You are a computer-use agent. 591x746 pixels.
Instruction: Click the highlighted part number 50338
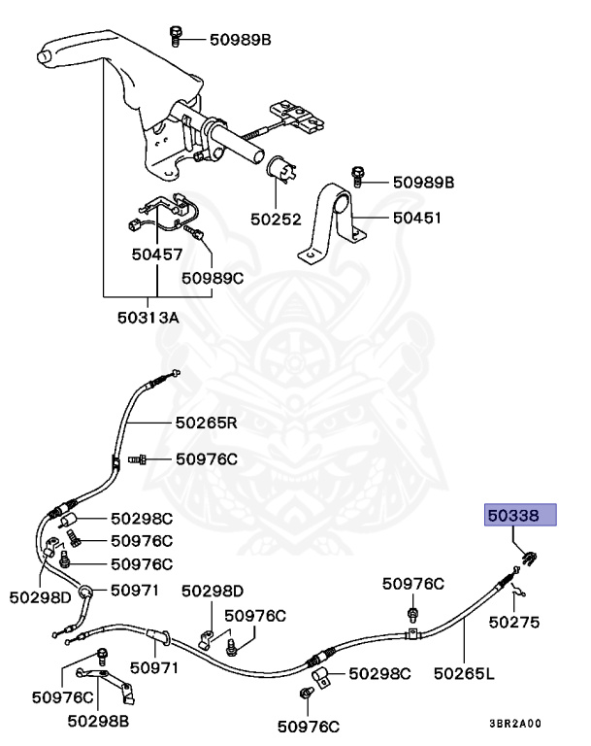pos(519,515)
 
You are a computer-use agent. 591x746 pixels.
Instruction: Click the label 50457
pos(157,256)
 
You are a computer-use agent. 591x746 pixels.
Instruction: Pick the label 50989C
pos(213,278)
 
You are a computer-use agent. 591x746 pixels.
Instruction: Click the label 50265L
pos(464,671)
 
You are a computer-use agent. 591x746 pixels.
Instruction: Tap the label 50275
pos(514,622)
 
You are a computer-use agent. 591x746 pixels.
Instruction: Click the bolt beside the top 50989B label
pos(174,36)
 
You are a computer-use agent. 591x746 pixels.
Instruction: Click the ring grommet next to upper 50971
pos(86,590)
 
